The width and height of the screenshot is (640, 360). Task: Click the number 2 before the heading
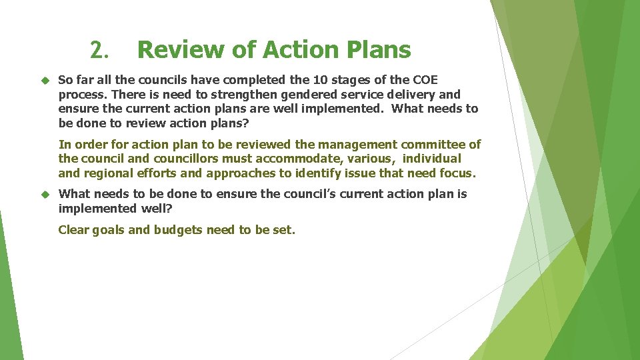coord(97,50)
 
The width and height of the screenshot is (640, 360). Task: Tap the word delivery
coord(413,95)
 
